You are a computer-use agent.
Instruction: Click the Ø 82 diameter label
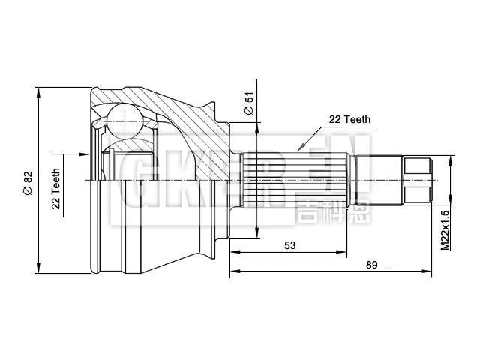click(28, 182)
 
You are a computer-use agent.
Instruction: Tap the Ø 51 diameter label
click(250, 104)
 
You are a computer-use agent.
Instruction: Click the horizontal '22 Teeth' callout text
click(349, 119)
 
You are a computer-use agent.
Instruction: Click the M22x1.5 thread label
click(445, 229)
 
